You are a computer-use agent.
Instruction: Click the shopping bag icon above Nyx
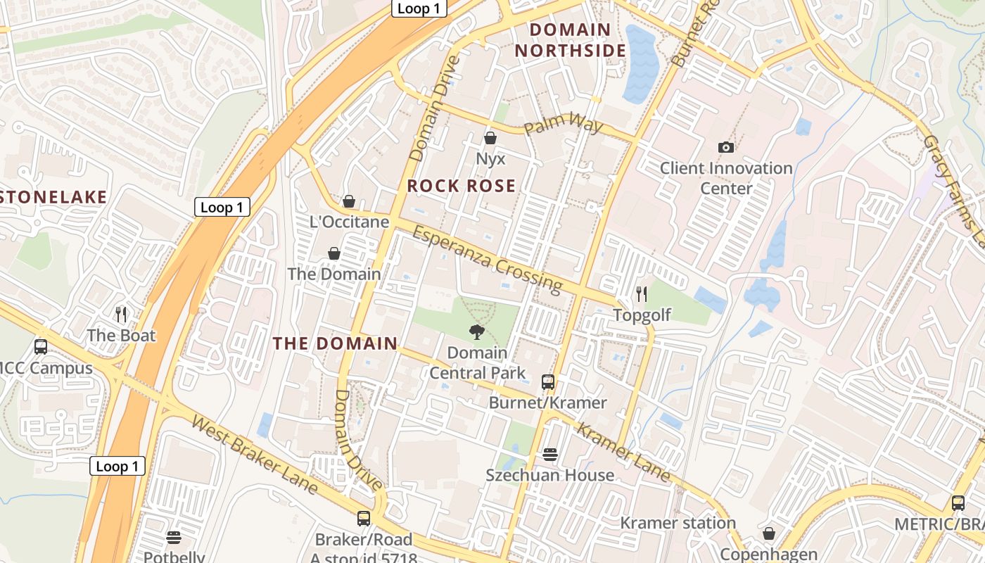pos(490,138)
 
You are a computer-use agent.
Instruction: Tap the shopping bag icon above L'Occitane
pos(349,201)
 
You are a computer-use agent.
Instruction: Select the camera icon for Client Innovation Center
pos(726,147)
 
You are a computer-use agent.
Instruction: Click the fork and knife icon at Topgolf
pos(642,293)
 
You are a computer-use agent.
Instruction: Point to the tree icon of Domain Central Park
pos(477,331)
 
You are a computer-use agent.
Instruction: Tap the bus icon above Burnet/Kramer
pos(548,382)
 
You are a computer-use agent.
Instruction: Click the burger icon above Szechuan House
pos(550,455)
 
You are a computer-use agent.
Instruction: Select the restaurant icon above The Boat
pos(121,314)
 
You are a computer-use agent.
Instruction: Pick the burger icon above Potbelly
pos(174,538)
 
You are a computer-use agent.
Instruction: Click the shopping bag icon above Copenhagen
pos(769,533)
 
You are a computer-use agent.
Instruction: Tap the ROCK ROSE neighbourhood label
pos(462,186)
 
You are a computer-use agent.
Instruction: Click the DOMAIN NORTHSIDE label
pos(570,40)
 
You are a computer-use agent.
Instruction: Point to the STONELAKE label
pos(53,197)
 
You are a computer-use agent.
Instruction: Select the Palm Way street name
pos(564,127)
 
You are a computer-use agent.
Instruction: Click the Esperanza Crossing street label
pos(487,259)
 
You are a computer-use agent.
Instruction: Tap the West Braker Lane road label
pos(255,455)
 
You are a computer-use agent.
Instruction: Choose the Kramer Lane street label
pos(623,452)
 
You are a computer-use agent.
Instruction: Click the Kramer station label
pos(678,523)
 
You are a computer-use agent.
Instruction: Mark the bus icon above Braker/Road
pos(364,519)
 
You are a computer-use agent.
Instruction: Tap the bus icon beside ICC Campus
pos(41,346)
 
